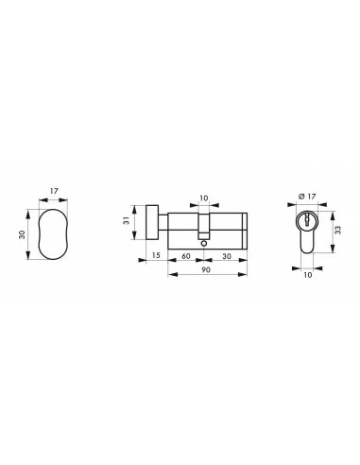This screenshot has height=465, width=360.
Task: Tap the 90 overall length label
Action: coord(206,272)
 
